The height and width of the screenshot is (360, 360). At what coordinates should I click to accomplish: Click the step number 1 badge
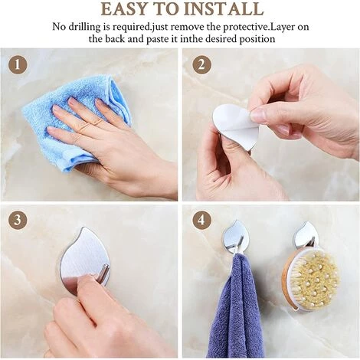pos(18,65)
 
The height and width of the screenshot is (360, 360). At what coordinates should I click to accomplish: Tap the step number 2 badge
pos(201,64)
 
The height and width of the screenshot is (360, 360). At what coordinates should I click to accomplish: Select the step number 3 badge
pos(18,219)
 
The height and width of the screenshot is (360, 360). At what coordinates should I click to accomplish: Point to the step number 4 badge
pos(201,220)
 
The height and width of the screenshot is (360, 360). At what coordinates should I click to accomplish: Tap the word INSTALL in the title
pos(224,9)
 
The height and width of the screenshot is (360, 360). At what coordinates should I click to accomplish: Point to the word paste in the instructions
pos(157,39)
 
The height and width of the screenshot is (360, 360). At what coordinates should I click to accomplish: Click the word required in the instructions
pos(132,28)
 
